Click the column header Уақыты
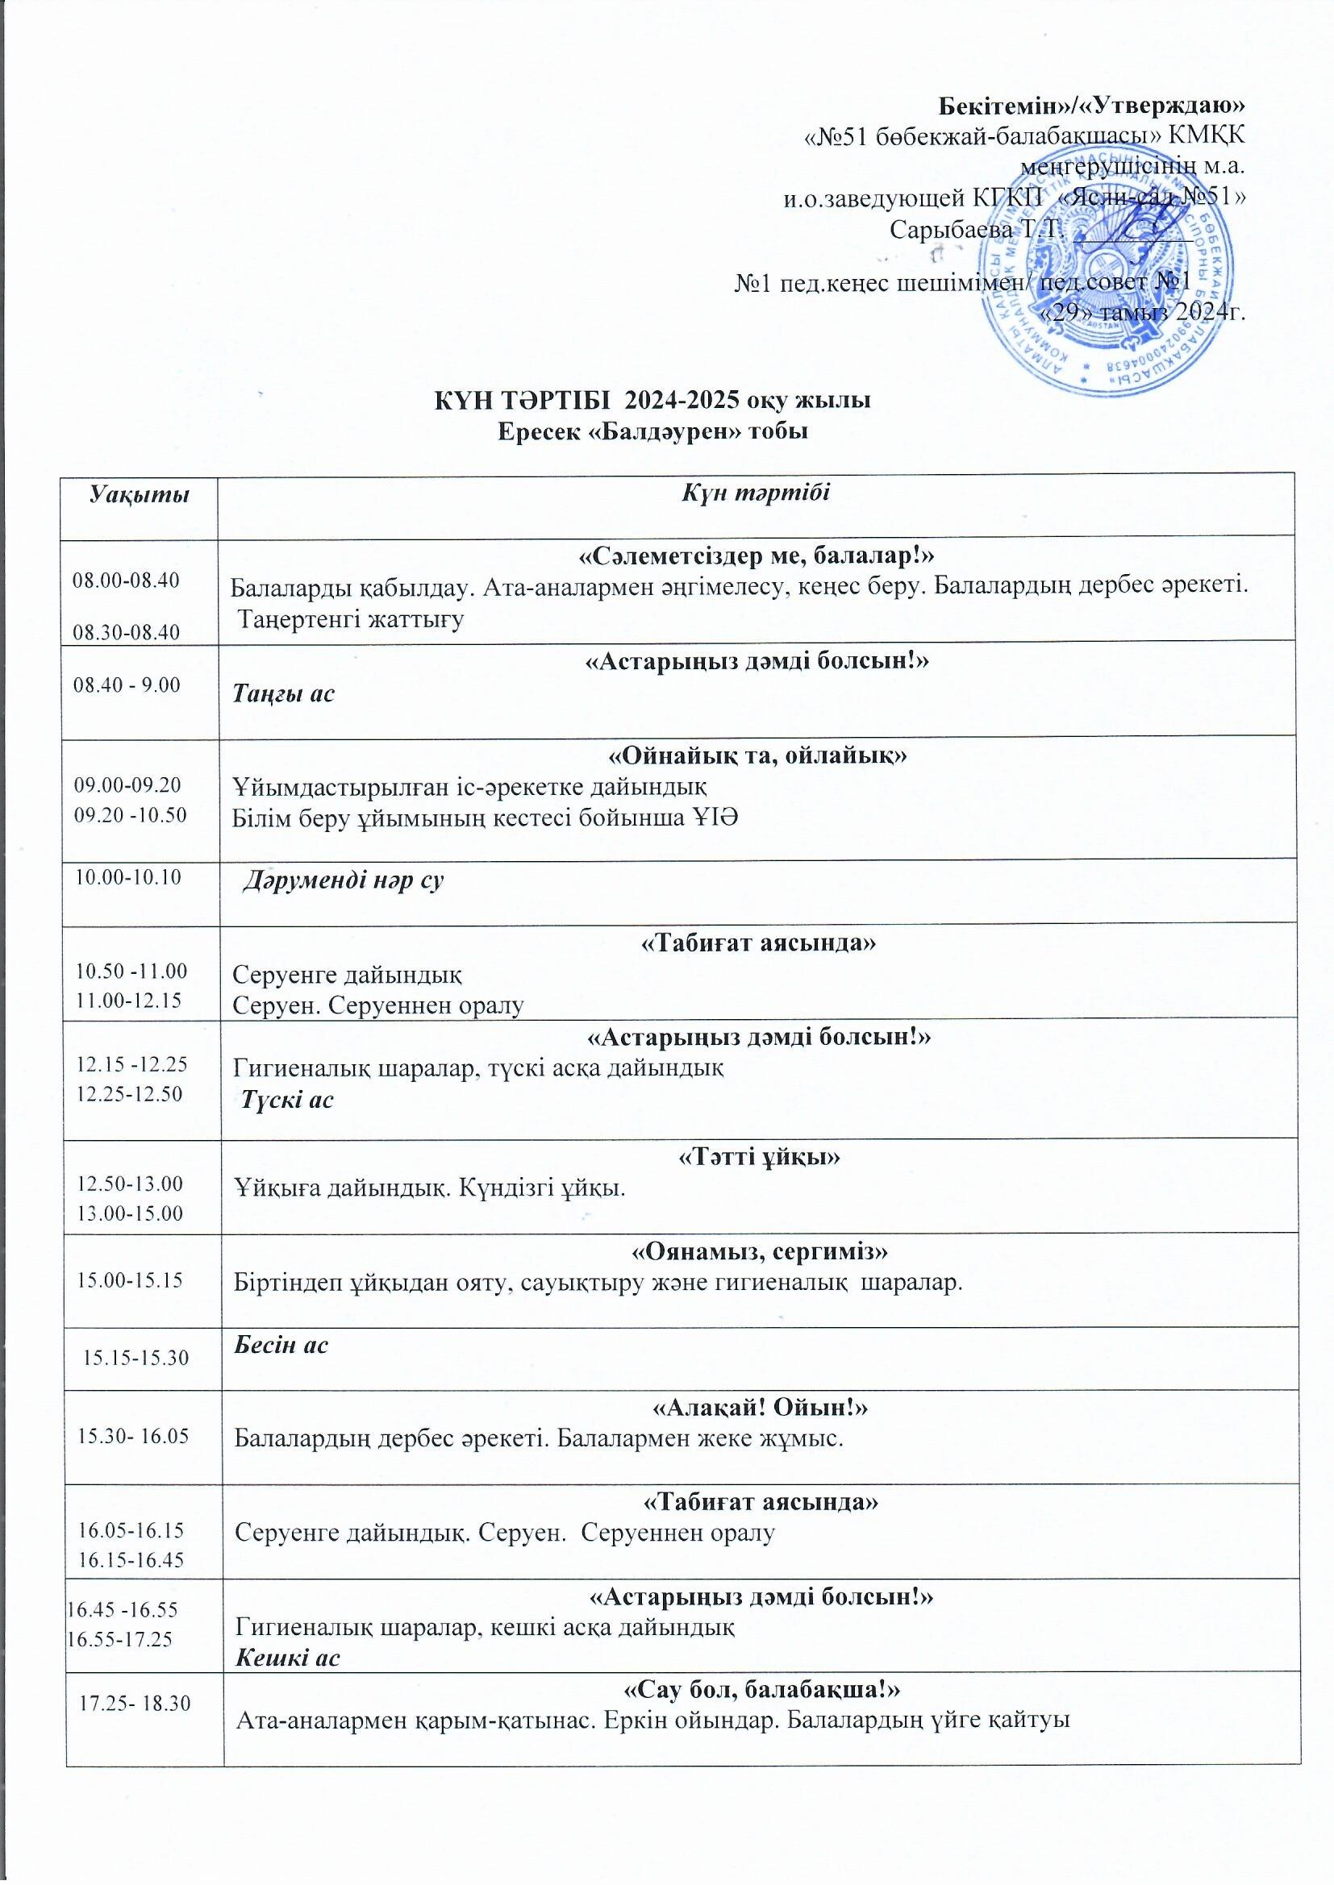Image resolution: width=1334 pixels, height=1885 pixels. (139, 494)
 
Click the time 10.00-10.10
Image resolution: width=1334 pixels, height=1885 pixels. (128, 877)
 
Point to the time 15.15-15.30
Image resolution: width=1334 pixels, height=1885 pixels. (137, 1358)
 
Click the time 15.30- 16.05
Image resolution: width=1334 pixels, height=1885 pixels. (133, 1435)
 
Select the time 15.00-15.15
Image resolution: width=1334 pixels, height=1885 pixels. (130, 1279)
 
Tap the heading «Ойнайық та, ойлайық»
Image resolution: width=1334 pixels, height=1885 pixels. (757, 755)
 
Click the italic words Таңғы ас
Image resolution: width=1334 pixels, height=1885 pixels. (283, 693)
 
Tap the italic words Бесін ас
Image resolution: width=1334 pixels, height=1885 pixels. (281, 1344)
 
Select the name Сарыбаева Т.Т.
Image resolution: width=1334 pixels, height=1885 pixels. (976, 229)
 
